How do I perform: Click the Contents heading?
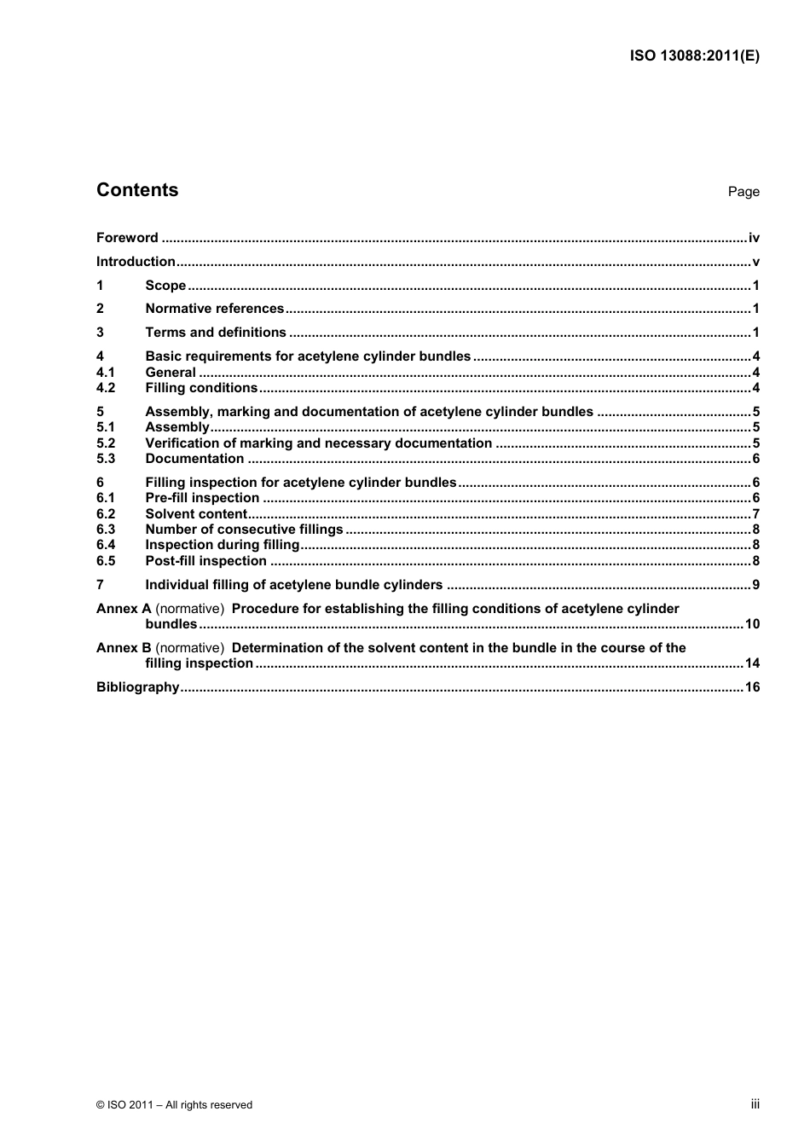click(x=137, y=190)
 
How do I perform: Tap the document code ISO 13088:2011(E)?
click(x=694, y=56)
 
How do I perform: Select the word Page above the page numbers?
click(x=743, y=192)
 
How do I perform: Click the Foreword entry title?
click(x=127, y=238)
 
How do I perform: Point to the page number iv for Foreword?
click(x=754, y=238)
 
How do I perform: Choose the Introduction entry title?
click(x=136, y=262)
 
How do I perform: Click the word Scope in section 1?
click(x=165, y=286)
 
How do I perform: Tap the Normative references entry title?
click(x=214, y=309)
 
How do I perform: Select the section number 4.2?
click(x=106, y=388)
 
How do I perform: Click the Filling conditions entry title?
click(x=201, y=388)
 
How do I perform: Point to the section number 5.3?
click(x=106, y=459)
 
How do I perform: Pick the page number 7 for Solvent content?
click(x=756, y=514)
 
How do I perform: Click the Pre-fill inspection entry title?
click(x=202, y=498)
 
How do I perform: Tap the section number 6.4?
click(x=106, y=545)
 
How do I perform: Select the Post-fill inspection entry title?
click(x=205, y=561)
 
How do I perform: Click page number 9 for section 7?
click(x=756, y=585)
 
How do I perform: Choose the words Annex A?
click(x=124, y=609)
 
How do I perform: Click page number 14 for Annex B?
click(x=752, y=663)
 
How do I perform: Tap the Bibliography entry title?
click(x=137, y=687)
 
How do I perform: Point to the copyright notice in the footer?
click(x=174, y=1105)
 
